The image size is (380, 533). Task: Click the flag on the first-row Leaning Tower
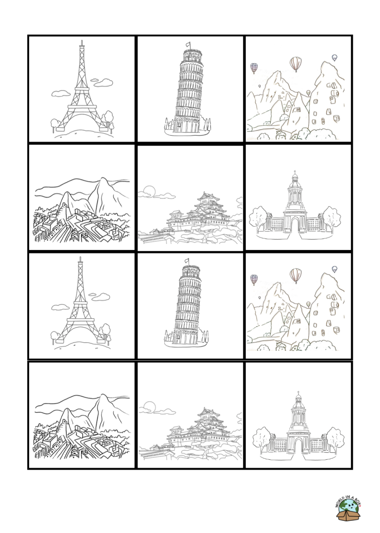coord(188,45)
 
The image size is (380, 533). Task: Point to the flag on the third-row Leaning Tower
coord(187,261)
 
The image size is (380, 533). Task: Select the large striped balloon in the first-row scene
coord(296,63)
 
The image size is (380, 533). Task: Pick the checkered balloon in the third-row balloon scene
coord(254,280)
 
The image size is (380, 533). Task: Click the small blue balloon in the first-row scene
coord(334,58)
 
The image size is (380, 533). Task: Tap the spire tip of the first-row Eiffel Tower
coord(82,41)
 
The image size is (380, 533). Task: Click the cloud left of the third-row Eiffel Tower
coord(60,307)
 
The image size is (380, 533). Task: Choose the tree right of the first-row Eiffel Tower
coord(109,119)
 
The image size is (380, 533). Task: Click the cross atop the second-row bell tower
coord(295,172)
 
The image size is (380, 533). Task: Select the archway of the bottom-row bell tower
coord(298,445)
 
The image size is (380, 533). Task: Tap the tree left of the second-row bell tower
coord(258,219)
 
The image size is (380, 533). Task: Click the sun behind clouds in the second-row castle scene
coord(149,192)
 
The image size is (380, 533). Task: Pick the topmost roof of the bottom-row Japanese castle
coord(208,411)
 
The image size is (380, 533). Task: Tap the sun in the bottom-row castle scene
coord(149,407)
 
